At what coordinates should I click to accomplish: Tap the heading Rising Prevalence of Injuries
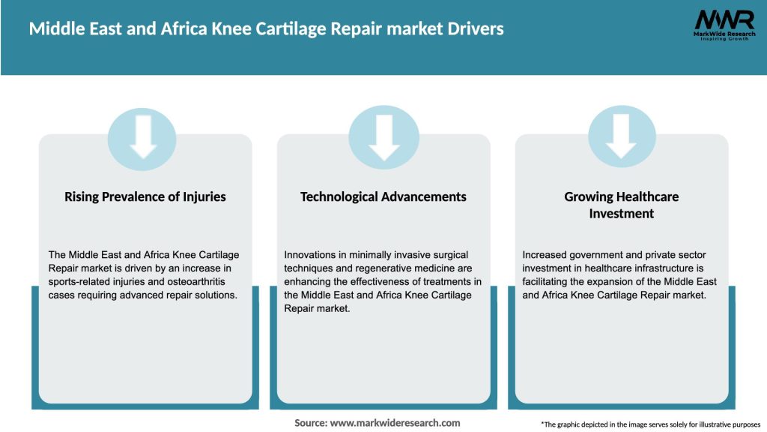(145, 196)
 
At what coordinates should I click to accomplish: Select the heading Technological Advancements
(383, 196)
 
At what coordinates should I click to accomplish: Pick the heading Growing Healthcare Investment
(621, 205)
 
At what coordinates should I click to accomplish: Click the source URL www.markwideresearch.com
(395, 423)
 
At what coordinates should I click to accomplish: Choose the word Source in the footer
(310, 423)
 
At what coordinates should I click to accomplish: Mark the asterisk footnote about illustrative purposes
(650, 424)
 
